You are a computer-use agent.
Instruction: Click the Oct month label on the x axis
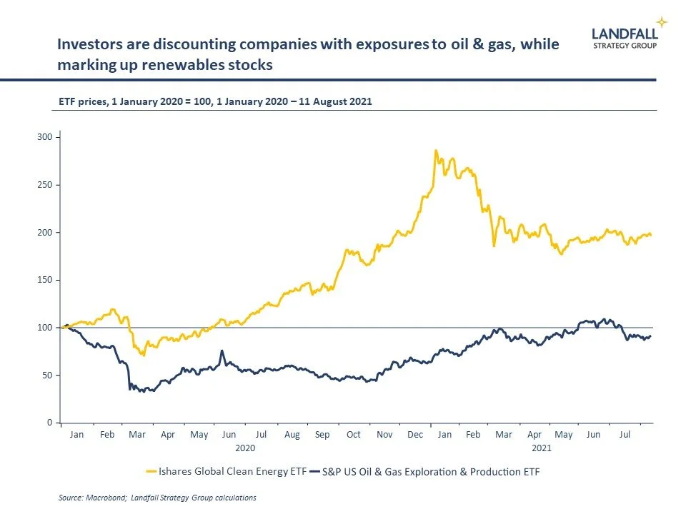[x=354, y=434]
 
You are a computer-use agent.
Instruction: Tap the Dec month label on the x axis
[x=414, y=434]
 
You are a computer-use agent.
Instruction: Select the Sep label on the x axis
[x=322, y=434]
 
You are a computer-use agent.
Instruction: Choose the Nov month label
[x=384, y=434]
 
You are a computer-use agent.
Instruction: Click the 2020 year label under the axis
[x=245, y=448]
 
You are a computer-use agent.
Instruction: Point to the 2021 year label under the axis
[x=541, y=448]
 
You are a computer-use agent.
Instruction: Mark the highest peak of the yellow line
[x=435, y=151]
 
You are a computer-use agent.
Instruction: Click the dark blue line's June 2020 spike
[x=222, y=351]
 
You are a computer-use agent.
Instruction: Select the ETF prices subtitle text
[x=214, y=102]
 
